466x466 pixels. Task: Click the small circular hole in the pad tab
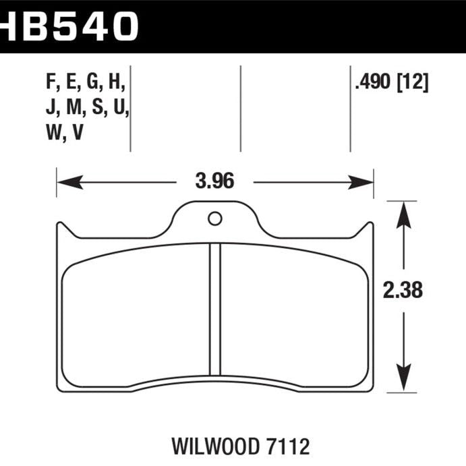point(215,219)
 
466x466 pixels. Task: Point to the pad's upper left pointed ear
point(60,228)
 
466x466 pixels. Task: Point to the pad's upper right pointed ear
point(369,228)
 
